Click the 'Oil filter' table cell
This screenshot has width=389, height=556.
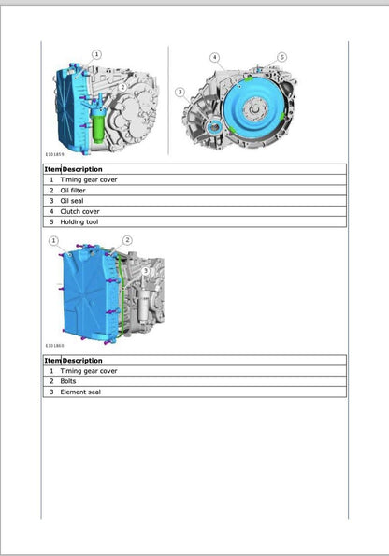coord(72,190)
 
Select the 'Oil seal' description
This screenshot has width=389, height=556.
coord(70,200)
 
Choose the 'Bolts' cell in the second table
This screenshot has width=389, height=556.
coord(68,381)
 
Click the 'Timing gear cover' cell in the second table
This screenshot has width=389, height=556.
coord(88,370)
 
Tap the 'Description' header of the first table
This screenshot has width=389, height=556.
coord(82,169)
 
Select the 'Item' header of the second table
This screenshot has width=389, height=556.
coord(51,360)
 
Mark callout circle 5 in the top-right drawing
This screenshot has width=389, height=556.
coord(281,57)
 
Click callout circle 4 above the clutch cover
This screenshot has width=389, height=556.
coord(214,58)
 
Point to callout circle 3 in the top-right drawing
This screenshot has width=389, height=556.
coord(180,92)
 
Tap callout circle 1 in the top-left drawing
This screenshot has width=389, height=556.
coord(97,55)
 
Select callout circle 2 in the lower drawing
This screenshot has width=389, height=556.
coord(127,240)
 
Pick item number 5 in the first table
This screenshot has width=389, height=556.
coord(51,221)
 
